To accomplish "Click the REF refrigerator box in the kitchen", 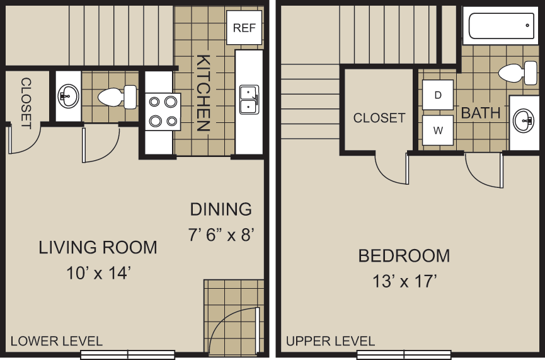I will [x=244, y=28].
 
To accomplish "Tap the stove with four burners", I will [x=163, y=112].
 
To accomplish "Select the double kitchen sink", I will [x=249, y=100].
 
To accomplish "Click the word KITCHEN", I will [x=203, y=93].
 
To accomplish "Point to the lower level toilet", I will [x=117, y=97].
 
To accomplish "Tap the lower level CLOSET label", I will [x=26, y=103].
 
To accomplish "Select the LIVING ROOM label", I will [x=98, y=247].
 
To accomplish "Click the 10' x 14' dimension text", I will [x=98, y=273].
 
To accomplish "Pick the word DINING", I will [x=221, y=209].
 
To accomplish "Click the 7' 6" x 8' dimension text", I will [x=221, y=235].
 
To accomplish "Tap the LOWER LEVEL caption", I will [x=57, y=341].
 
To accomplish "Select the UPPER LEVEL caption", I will [x=330, y=341].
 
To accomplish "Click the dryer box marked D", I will [x=437, y=95].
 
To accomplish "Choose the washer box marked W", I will [x=437, y=131].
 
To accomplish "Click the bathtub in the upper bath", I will [x=502, y=26].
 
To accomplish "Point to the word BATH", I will [x=481, y=113].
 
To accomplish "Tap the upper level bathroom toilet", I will [x=517, y=73].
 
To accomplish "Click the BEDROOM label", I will [x=404, y=255].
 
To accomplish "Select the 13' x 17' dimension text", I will [x=404, y=281].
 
